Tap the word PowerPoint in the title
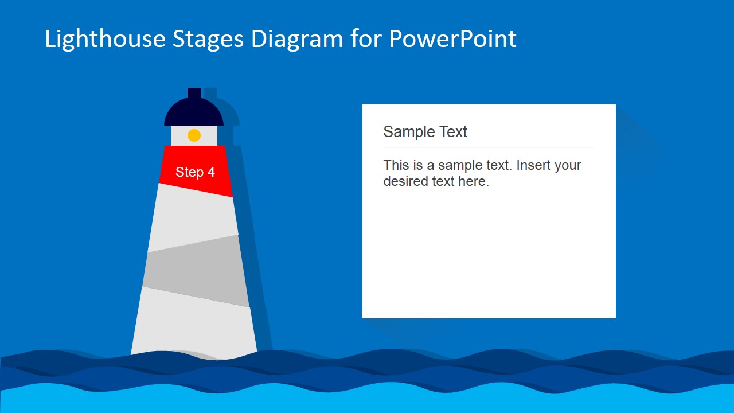pyautogui.click(x=452, y=39)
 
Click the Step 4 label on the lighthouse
pyautogui.click(x=195, y=172)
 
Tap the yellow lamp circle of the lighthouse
pyautogui.click(x=194, y=135)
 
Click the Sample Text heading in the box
pyautogui.click(x=425, y=132)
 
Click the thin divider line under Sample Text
pyautogui.click(x=488, y=147)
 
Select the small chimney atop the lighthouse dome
pyautogui.click(x=194, y=93)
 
